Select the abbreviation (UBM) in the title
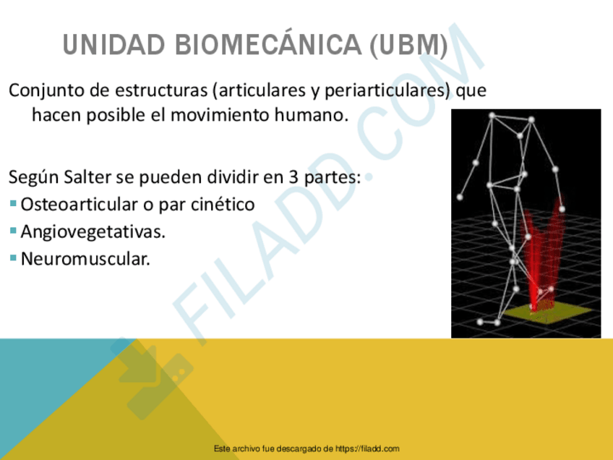408,47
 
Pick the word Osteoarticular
80,205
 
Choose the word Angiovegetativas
93,231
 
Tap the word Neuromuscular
85,258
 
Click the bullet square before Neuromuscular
14,257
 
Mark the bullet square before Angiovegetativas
14,231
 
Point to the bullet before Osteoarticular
14,204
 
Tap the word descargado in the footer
301,449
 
